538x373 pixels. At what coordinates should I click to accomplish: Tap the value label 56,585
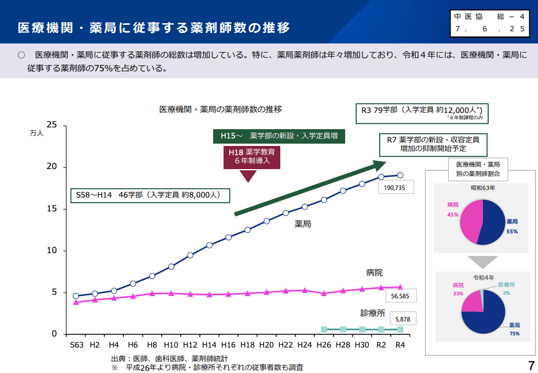point(400,296)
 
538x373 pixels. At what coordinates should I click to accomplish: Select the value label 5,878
point(402,319)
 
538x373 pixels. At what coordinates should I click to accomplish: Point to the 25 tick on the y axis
point(52,125)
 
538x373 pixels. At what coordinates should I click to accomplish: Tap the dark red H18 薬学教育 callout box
point(251,156)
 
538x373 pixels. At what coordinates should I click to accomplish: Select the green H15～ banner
point(279,136)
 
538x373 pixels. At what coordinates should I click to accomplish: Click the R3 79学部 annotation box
point(422,111)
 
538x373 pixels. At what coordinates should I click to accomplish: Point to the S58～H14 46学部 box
point(149,195)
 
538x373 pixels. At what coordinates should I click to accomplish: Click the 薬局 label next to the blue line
point(302,224)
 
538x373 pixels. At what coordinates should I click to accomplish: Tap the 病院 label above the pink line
point(374,272)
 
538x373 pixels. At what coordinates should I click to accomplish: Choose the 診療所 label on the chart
point(372,313)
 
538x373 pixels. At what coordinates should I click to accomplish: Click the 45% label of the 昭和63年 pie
point(452,214)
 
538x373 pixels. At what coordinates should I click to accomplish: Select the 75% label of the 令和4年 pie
point(514,334)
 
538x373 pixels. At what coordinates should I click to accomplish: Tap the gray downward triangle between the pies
point(482,261)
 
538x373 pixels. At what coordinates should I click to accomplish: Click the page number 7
point(530,365)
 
